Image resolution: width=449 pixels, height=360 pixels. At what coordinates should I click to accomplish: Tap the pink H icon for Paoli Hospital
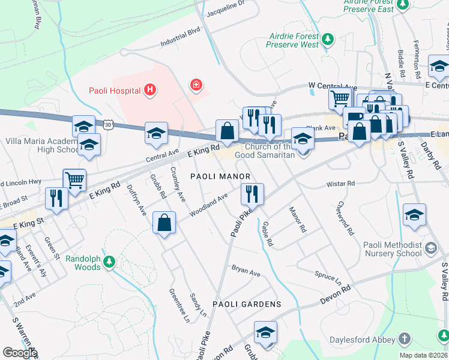(x=150, y=91)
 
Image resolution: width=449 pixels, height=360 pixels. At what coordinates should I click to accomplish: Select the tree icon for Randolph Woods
(x=109, y=262)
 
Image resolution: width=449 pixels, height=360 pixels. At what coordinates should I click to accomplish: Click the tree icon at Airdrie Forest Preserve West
(x=327, y=40)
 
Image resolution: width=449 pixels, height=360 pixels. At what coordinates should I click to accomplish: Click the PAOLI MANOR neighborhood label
(x=219, y=176)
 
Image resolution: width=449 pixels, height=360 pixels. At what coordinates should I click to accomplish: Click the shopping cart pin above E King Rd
(x=74, y=179)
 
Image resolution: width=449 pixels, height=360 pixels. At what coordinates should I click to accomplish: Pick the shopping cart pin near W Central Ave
(x=340, y=97)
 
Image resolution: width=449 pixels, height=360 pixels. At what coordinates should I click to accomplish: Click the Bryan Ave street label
(x=246, y=272)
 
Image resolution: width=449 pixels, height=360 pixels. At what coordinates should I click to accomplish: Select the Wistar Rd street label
(x=340, y=184)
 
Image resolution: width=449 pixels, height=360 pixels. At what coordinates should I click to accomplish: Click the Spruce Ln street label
(x=328, y=277)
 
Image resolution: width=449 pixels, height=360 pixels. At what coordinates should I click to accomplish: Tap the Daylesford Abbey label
(x=370, y=340)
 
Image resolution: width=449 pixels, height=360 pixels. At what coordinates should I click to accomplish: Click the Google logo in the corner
(x=20, y=352)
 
